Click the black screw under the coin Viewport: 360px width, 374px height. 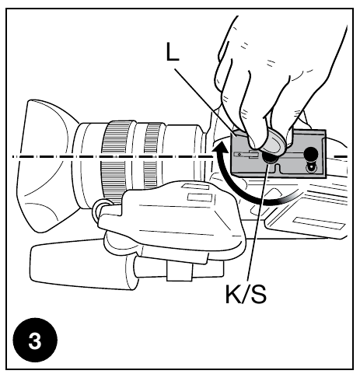pyautogui.click(x=271, y=157)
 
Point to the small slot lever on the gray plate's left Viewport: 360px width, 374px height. pyautogui.click(x=247, y=156)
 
